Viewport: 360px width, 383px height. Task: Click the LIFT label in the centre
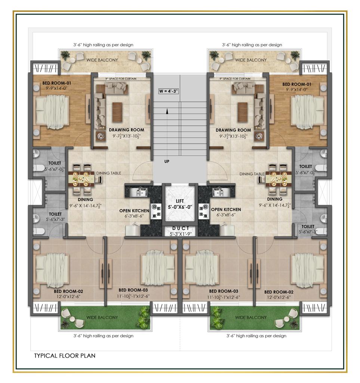point(180,201)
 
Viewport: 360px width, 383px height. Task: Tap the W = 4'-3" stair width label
point(168,91)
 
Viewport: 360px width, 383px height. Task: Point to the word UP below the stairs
point(167,162)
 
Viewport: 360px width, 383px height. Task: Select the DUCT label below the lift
point(181,228)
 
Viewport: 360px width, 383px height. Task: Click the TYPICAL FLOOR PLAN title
point(65,356)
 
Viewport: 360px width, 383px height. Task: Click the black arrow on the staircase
point(167,111)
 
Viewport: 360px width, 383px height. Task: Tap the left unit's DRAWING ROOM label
point(126,130)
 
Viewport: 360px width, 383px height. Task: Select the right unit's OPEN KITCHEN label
point(226,209)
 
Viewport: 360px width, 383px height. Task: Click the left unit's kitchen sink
point(138,192)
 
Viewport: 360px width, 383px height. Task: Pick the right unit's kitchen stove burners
point(204,211)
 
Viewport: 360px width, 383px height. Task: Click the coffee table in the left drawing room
point(117,112)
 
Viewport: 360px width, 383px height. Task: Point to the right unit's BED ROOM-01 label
point(297,84)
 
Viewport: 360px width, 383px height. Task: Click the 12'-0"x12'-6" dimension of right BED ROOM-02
point(279,297)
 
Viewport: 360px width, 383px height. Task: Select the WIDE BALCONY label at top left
point(102,60)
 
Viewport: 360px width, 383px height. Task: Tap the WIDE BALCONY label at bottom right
point(251,318)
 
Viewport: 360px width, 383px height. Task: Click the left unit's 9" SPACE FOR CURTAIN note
point(121,79)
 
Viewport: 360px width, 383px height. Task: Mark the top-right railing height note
point(252,45)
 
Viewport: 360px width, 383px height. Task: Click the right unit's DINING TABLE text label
point(252,174)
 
